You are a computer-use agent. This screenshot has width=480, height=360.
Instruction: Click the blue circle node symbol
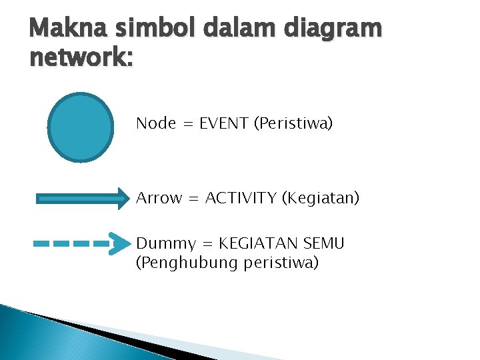81,127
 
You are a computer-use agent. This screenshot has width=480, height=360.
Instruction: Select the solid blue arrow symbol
80,198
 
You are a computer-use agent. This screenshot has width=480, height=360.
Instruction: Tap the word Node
156,123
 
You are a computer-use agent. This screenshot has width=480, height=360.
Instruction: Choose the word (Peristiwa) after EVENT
293,123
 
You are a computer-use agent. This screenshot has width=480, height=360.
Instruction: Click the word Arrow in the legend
159,198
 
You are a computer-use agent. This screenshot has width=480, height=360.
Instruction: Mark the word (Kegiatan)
321,198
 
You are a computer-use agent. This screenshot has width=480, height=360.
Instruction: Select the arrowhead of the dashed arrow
120,244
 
